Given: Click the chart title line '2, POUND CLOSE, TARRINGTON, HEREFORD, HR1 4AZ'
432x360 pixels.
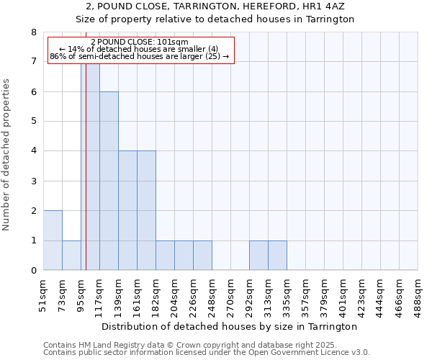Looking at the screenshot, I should [216, 6].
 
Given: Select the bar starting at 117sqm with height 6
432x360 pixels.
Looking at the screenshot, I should [109, 181].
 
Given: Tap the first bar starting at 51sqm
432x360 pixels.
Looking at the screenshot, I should [53, 240].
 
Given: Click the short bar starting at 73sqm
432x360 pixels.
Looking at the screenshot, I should [71, 256].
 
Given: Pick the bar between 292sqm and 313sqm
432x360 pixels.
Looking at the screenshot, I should [258, 256].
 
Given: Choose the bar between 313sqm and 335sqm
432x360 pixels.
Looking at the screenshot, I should [277, 256].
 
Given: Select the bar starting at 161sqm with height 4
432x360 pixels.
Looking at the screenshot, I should [146, 210].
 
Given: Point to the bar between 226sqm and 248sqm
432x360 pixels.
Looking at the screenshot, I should [202, 256].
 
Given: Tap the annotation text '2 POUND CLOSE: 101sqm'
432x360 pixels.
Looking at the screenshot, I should [140, 42].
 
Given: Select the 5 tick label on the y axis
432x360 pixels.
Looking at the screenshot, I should [33, 122].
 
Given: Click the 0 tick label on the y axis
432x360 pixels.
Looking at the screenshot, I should [33, 271].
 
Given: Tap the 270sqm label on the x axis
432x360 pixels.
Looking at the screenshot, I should [230, 296].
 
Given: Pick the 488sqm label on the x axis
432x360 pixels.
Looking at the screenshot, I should [418, 296].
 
